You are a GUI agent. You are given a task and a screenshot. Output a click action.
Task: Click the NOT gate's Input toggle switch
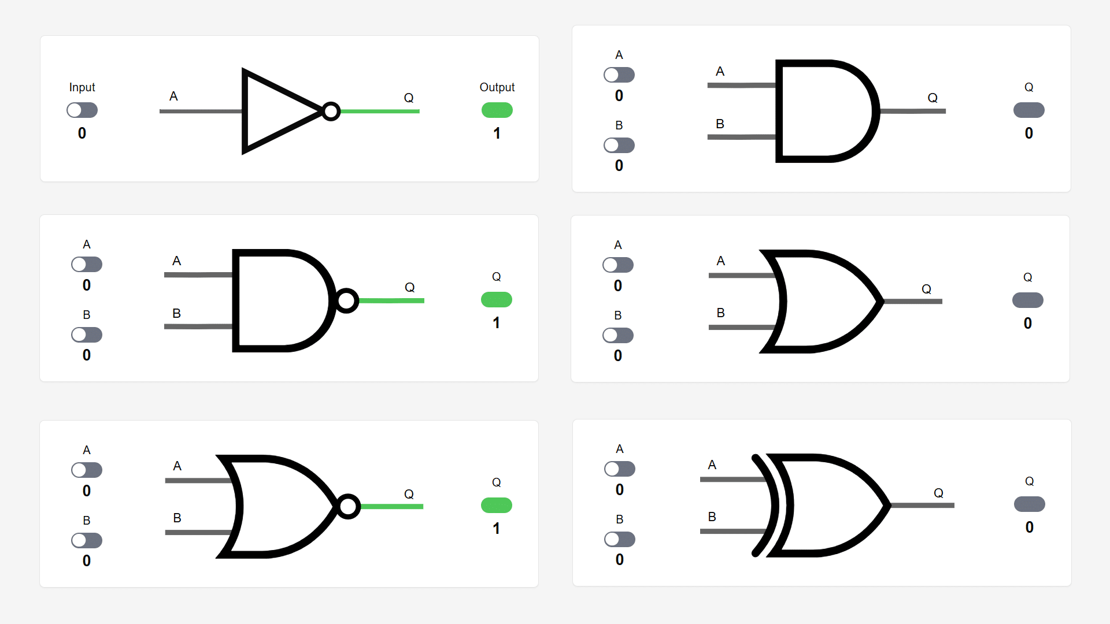click(82, 110)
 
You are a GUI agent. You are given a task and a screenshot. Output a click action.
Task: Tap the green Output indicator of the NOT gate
click(497, 110)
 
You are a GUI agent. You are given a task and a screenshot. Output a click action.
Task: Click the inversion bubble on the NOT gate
click(331, 111)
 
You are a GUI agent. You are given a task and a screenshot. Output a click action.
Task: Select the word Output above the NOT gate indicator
click(497, 87)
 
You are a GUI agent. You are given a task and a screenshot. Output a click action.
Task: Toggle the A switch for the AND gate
click(619, 75)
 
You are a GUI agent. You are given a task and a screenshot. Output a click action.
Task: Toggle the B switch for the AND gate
click(619, 145)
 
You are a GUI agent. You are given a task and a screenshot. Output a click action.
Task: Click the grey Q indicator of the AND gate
click(1029, 110)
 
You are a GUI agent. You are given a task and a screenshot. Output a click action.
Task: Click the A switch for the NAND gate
click(87, 264)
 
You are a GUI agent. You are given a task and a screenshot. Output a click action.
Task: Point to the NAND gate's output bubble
click(347, 300)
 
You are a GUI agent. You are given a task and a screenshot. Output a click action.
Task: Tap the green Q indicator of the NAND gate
click(497, 299)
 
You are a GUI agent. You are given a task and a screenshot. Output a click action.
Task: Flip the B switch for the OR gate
click(618, 335)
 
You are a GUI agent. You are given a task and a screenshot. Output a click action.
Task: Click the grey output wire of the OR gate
click(912, 301)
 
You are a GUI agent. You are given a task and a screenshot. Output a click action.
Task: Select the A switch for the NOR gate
click(87, 470)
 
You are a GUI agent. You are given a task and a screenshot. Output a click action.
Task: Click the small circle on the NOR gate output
click(349, 506)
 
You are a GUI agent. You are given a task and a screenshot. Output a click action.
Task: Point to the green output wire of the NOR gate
click(391, 506)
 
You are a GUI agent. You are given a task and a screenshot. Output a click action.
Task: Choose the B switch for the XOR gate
click(620, 539)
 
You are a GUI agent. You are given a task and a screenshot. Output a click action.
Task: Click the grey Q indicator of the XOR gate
click(1030, 504)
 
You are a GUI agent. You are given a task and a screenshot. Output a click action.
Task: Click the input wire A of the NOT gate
click(201, 111)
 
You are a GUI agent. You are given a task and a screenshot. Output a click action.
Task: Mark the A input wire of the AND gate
click(742, 85)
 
